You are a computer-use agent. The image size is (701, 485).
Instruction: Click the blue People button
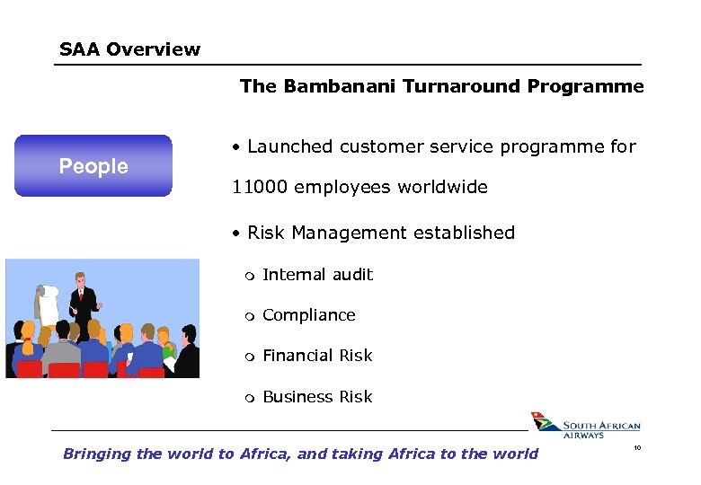[93, 166]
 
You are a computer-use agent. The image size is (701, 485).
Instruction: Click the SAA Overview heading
[129, 49]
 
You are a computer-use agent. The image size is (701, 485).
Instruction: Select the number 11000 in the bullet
[259, 188]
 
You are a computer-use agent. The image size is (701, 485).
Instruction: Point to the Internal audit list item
[317, 275]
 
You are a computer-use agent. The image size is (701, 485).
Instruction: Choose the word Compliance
[308, 315]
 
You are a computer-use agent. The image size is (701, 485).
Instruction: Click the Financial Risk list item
[317, 356]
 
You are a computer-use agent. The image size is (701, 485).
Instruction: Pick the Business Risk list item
[317, 397]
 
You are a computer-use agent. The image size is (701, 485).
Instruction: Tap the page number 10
[636, 446]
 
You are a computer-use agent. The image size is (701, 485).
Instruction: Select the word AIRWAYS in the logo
[583, 435]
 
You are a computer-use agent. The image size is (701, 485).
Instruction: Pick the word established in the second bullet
[460, 234]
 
